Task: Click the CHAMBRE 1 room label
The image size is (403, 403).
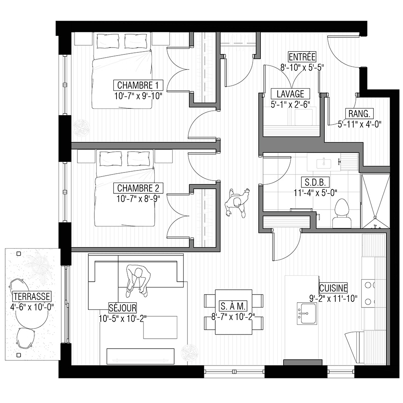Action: pos(138,85)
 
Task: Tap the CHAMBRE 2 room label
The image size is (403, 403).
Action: pos(138,188)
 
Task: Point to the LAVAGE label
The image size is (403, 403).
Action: pos(291,94)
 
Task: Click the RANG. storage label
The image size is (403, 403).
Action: pos(359,114)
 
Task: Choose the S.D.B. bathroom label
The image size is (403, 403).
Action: pos(315,183)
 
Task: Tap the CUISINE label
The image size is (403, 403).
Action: pos(333,288)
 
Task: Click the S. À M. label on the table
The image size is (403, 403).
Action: pos(233,306)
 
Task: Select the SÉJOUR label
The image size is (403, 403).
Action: pos(123,307)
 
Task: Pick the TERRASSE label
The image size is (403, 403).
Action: pos(32,296)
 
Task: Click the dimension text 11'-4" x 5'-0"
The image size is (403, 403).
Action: pos(316,193)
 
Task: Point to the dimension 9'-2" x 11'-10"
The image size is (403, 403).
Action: pos(333,298)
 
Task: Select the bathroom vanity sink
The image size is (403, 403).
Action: pos(324,163)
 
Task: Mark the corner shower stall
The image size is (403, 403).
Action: pos(376,201)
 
